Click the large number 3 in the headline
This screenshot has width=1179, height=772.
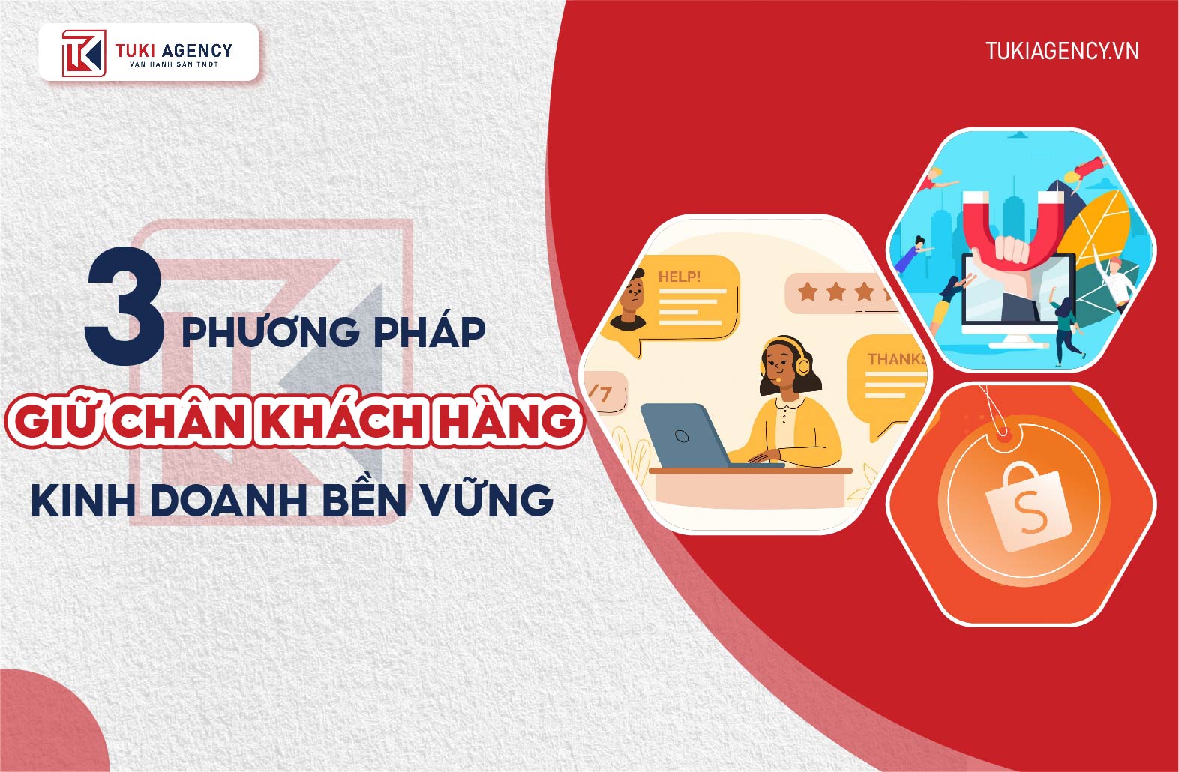(124, 306)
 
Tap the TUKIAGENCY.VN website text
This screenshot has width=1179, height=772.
(1062, 51)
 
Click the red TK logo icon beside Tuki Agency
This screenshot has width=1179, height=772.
(84, 53)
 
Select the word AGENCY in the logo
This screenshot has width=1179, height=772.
(196, 50)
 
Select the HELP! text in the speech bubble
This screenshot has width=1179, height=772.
(679, 277)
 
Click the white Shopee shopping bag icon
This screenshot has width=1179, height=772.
(1026, 507)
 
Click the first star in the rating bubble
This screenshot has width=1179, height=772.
(808, 292)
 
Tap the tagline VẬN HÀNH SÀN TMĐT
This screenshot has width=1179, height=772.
(174, 64)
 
